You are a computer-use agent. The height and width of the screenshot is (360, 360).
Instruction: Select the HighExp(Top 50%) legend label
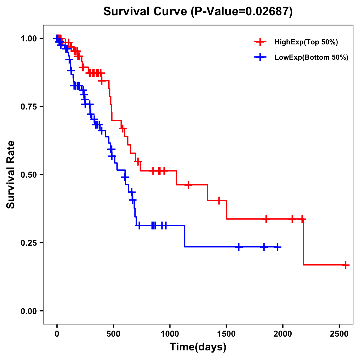coord(306,42)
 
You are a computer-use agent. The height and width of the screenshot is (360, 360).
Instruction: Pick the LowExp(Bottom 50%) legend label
coord(311,58)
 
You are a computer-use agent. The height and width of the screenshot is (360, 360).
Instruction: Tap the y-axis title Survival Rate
coord(11,174)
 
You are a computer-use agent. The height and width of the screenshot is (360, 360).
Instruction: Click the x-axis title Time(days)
coord(198,347)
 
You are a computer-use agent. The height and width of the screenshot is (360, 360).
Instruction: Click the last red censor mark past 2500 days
coord(346,265)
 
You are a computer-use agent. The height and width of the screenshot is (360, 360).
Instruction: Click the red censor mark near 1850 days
coord(266,219)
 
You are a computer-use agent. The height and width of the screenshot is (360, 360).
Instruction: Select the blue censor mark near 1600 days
coord(239,247)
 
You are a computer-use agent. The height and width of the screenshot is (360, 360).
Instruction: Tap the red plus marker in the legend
coord(260,42)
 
